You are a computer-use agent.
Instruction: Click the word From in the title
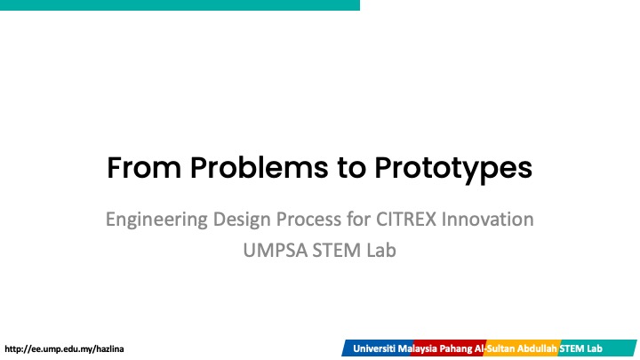144,167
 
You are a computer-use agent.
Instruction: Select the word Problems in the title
260,167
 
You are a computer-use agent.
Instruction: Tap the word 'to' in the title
351,168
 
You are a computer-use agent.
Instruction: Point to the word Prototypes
453,170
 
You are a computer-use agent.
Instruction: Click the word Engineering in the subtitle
156,220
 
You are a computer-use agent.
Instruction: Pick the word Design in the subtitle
242,220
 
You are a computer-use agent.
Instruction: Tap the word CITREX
406,220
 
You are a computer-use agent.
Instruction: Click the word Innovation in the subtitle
488,220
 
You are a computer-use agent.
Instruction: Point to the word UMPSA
275,250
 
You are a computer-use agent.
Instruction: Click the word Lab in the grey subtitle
381,250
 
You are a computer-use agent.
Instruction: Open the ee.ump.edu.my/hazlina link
64,349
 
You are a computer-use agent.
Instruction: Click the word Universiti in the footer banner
374,349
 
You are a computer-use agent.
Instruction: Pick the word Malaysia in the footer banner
418,349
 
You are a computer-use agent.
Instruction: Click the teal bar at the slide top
180,5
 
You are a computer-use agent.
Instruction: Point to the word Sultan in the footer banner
500,349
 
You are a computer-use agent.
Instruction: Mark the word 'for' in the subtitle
359,220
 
